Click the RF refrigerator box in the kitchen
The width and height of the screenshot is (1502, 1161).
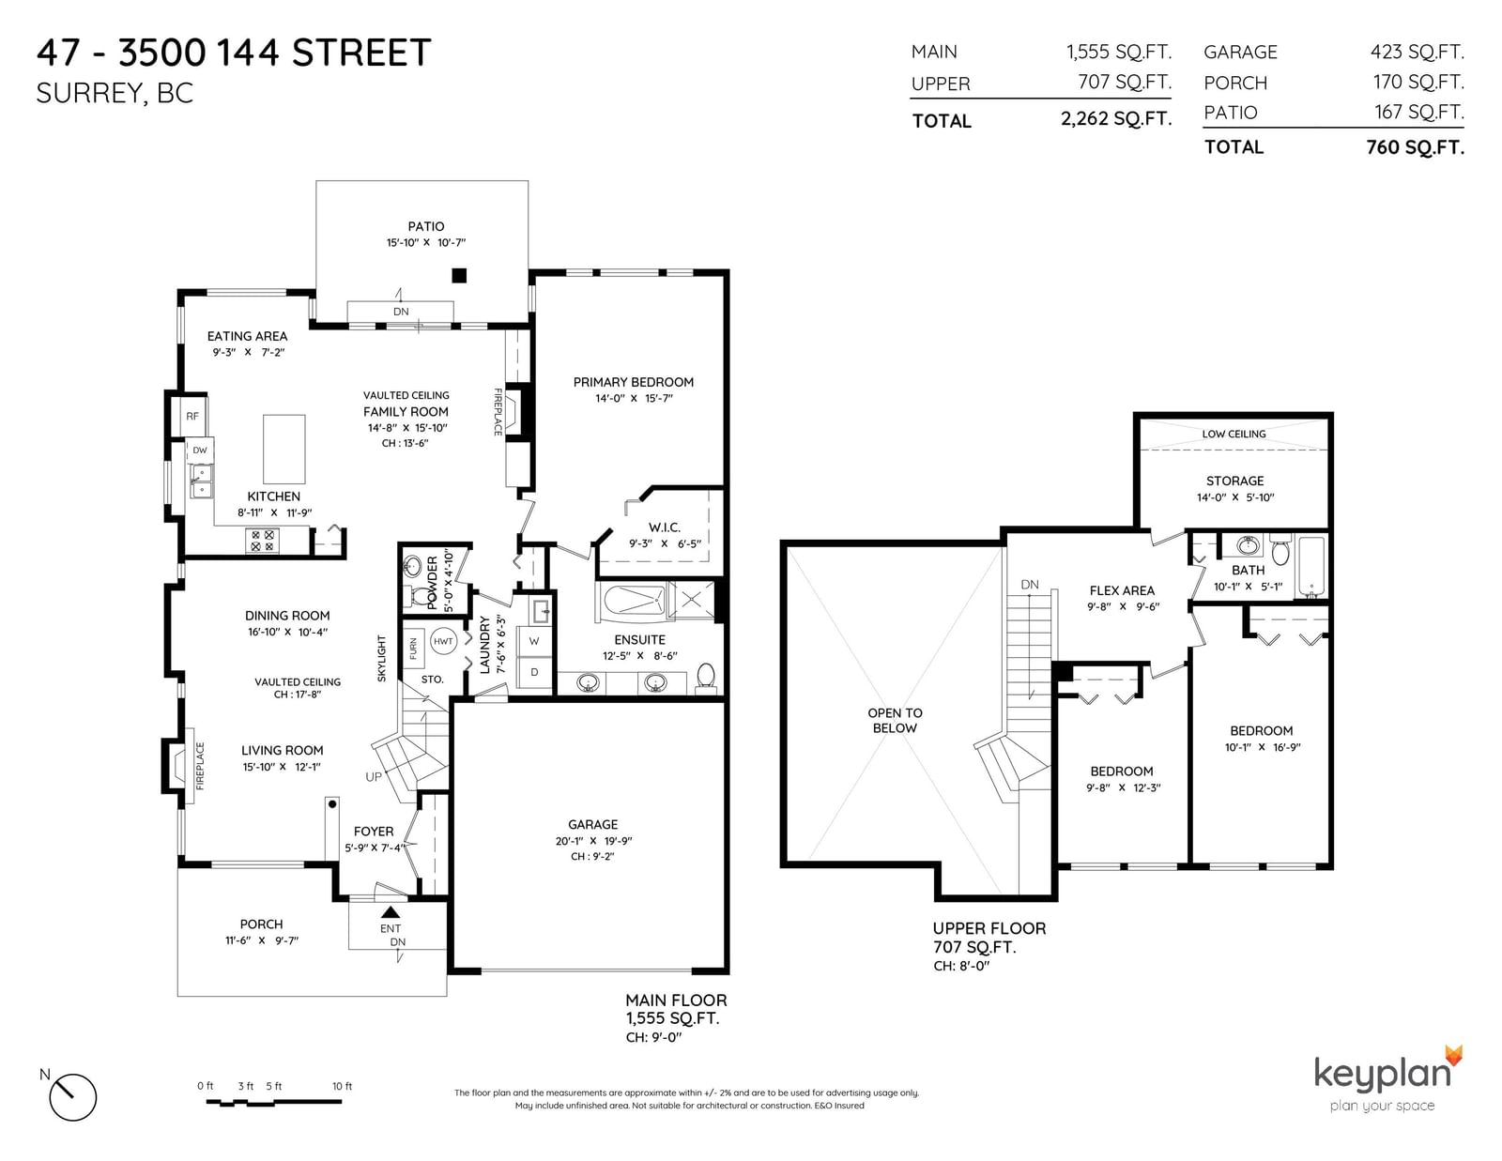pos(192,416)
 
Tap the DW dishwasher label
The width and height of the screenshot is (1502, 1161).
pos(200,450)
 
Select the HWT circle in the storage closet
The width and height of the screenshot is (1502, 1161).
pos(443,641)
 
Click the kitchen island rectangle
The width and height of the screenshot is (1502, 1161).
pos(284,450)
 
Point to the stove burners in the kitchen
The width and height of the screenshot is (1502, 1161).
pos(263,541)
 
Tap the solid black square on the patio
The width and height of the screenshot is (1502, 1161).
pos(459,276)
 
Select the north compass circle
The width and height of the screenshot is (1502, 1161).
pos(73,1097)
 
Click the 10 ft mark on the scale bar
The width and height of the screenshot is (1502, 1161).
pos(342,1086)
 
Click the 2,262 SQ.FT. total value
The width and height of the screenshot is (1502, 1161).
pos(1116,119)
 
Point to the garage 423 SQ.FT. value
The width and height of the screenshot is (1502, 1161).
pos(1418,52)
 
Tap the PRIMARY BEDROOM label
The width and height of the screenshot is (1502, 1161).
pos(633,382)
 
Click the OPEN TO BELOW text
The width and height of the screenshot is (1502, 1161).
pos(896,720)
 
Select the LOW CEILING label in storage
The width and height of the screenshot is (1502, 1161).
pos(1234,434)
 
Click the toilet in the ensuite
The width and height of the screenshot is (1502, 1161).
pos(706,677)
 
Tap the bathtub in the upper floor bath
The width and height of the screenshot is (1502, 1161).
pos(1311,566)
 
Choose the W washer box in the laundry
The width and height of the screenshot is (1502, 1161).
pos(534,641)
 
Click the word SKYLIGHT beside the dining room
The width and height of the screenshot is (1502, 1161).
pos(381,659)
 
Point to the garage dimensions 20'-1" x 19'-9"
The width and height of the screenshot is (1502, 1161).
pos(593,841)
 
